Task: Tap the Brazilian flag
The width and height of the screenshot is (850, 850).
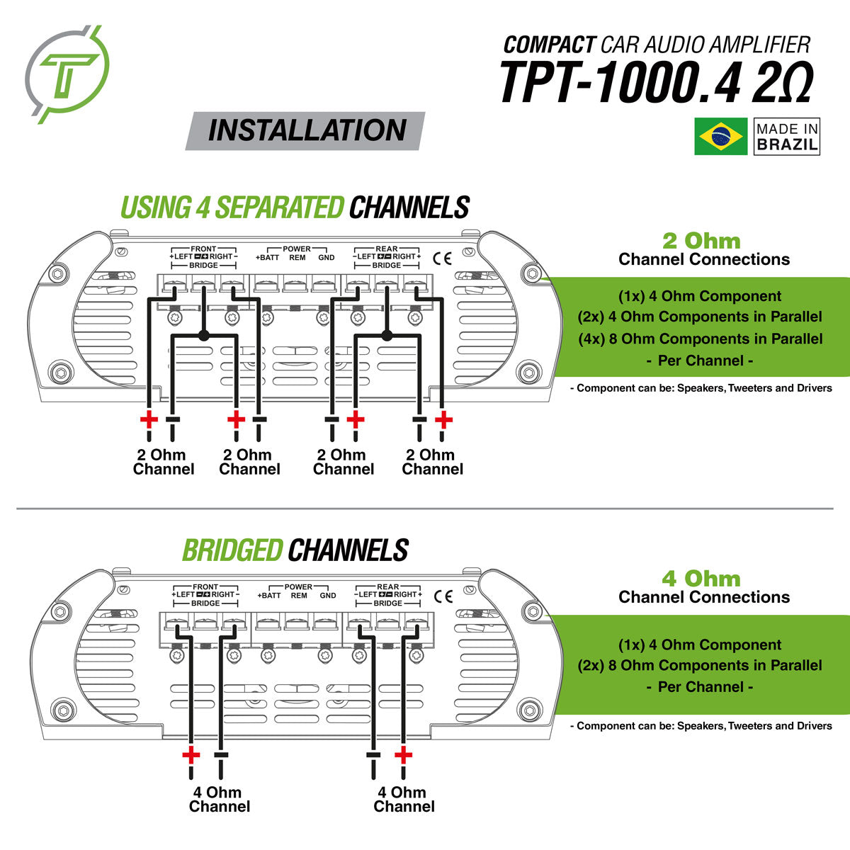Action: pos(720,137)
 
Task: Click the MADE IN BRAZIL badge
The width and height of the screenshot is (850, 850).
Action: pos(786,137)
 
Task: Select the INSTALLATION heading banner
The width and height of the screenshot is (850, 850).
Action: pos(306,131)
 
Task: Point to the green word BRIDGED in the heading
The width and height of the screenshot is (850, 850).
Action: pos(233,550)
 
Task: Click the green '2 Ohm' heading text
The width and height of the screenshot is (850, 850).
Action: pos(701,241)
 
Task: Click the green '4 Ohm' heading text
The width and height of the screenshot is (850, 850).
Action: pos(701,579)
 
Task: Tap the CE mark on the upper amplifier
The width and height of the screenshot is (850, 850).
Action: pos(442,257)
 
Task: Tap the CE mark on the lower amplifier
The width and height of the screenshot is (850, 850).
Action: pos(443,595)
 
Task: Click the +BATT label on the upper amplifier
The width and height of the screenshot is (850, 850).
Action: pos(268,258)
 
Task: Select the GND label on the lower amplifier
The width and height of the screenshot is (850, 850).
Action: pos(327,596)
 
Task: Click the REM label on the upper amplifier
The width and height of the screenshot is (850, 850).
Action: pos(297,258)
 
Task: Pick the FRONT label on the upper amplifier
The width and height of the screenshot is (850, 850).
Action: pos(203,249)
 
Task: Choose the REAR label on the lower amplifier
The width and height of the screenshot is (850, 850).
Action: pos(388,586)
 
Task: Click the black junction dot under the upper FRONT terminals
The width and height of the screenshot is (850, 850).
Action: pos(203,334)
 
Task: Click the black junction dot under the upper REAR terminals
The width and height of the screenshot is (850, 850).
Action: pos(387,334)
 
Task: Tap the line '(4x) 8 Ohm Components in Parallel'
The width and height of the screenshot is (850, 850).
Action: pos(701,339)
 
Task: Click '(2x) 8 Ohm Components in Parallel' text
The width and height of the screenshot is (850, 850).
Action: pos(700,665)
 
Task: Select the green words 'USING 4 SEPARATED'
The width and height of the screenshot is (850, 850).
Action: pos(232,208)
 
